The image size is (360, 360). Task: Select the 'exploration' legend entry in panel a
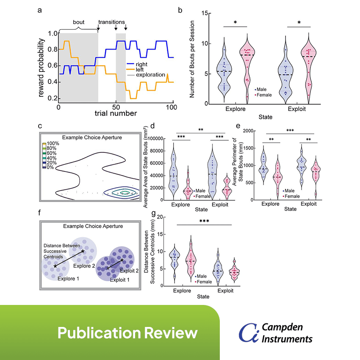pyautogui.click(x=148, y=75)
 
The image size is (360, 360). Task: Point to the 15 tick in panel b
pyautogui.click(x=205, y=14)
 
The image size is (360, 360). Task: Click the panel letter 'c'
pyautogui.click(x=39, y=126)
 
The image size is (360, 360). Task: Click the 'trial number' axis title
pyautogui.click(x=115, y=113)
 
